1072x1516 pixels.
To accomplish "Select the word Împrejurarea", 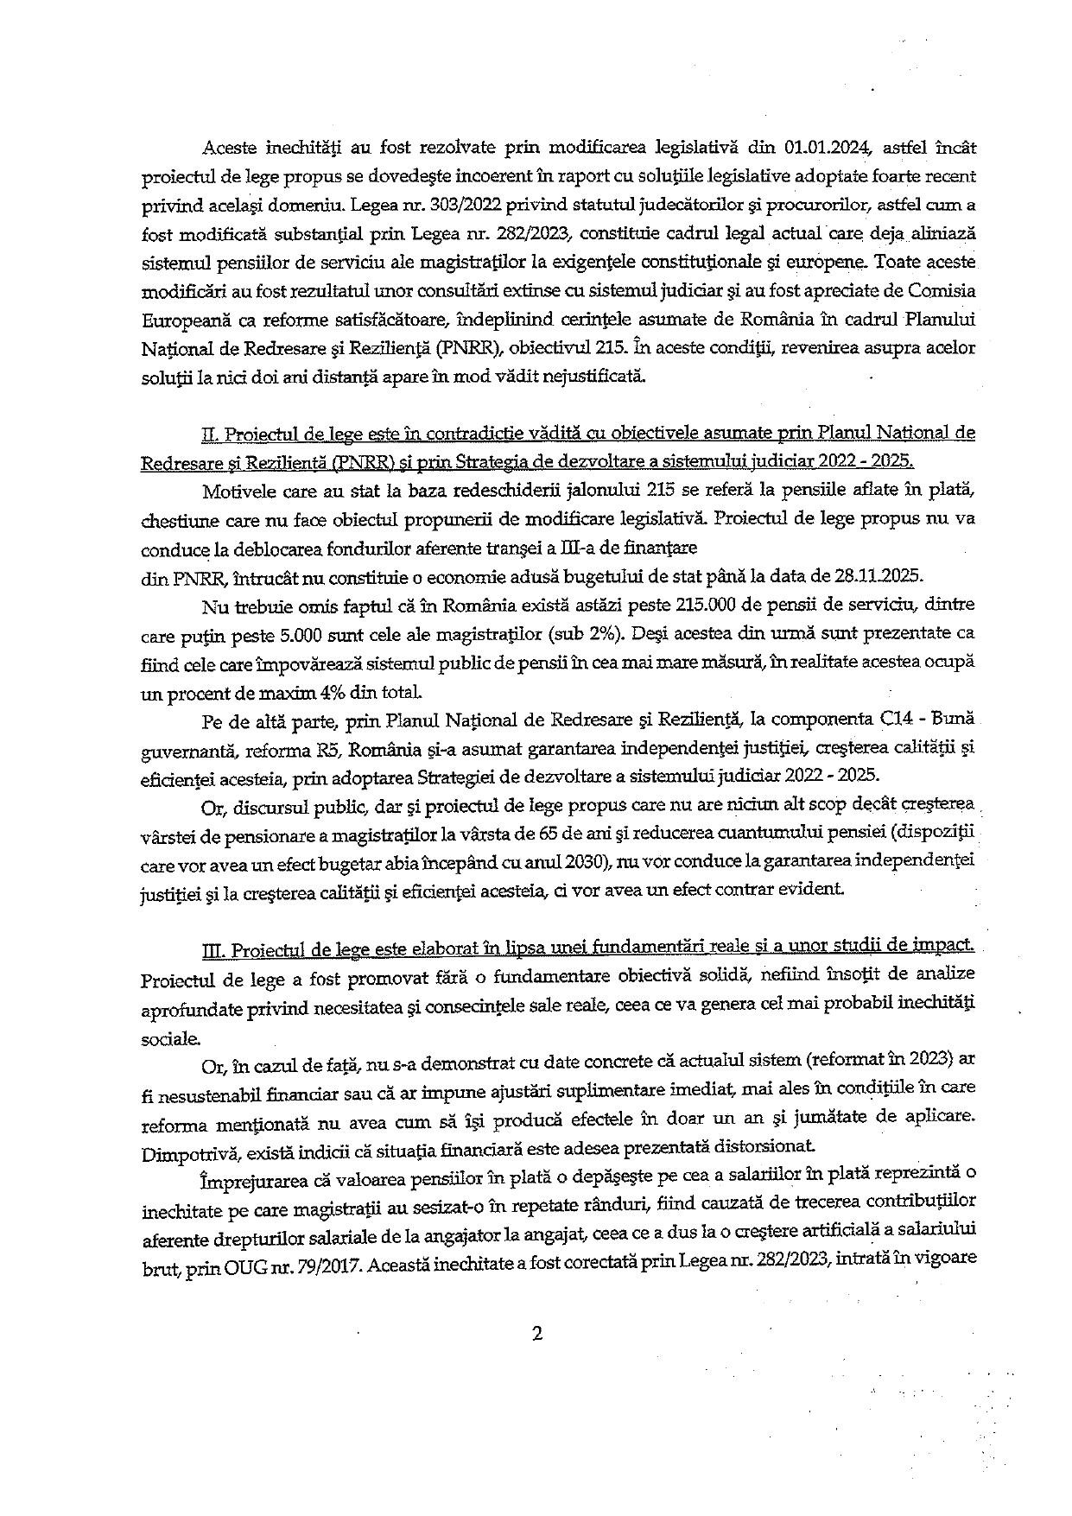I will [x=251, y=1178].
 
